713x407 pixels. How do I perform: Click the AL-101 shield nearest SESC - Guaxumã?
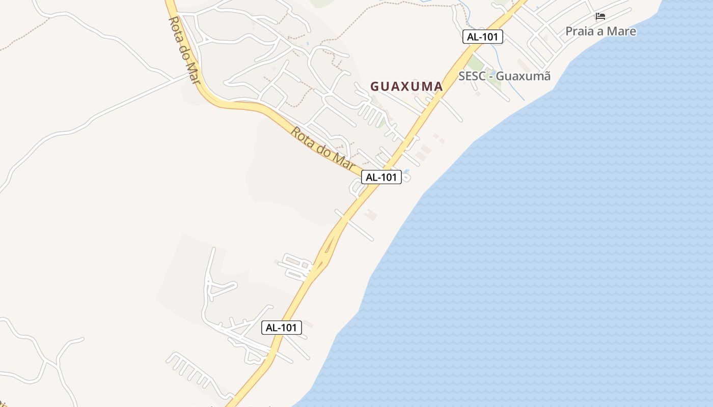pyautogui.click(x=483, y=37)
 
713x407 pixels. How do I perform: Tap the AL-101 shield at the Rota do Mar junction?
pyautogui.click(x=381, y=177)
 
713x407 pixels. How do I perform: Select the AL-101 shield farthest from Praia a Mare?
pyautogui.click(x=282, y=328)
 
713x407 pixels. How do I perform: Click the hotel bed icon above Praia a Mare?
pyautogui.click(x=600, y=16)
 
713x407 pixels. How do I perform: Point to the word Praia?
pyautogui.click(x=580, y=31)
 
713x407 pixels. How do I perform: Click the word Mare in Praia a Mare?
pyautogui.click(x=621, y=31)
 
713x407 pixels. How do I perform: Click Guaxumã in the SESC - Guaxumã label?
pyautogui.click(x=523, y=76)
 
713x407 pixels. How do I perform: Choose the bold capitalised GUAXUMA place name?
pyautogui.click(x=406, y=86)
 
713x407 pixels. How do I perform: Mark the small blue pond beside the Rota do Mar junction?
pyautogui.click(x=406, y=171)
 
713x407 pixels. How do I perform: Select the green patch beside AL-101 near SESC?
pyautogui.click(x=476, y=64)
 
